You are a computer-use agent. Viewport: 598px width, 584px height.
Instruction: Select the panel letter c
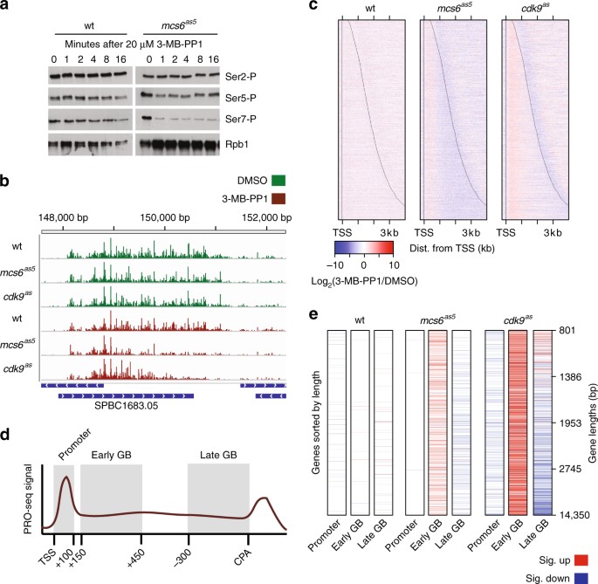[313, 8]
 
